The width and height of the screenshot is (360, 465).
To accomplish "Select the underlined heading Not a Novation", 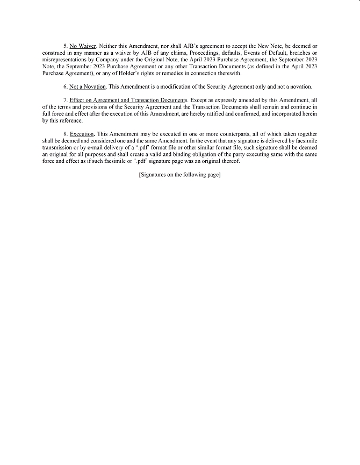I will coord(88,87).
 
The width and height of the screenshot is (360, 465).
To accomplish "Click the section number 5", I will coord(65,47).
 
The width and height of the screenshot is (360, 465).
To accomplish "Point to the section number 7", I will coord(65,101).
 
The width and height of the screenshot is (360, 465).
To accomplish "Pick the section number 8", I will coord(65,134).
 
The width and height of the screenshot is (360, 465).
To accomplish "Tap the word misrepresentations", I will coord(62,60).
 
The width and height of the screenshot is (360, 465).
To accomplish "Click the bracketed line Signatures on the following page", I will coord(179,175).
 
